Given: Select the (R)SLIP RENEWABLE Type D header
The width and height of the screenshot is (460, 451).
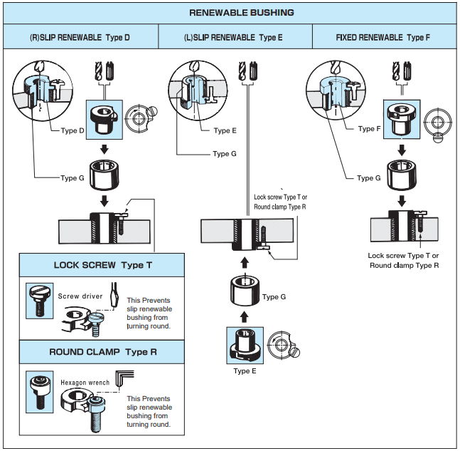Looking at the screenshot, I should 80,36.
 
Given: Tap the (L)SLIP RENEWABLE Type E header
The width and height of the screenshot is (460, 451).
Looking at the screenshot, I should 232,36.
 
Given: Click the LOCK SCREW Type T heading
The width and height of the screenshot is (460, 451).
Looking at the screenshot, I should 102,265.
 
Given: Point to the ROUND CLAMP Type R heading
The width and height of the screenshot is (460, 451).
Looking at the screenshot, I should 102,352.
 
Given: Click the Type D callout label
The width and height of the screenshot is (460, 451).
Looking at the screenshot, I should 72,130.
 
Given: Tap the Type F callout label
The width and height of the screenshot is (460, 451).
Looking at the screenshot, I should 368,129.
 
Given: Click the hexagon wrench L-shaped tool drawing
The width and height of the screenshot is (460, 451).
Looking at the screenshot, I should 127,376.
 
